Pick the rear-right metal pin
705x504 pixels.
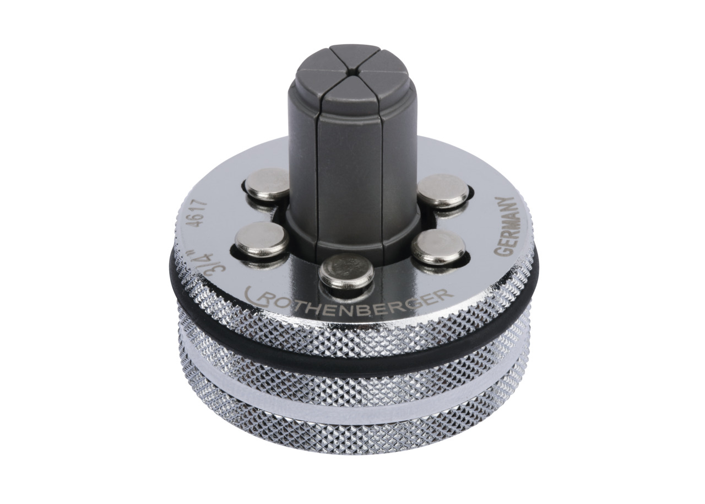coord(443,190)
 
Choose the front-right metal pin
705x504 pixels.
coord(438,246)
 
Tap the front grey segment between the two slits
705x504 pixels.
coord(350,165)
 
